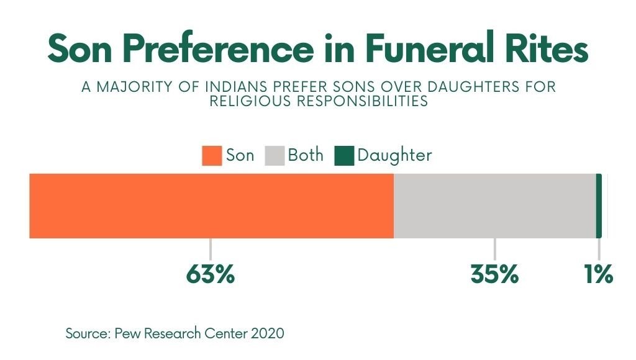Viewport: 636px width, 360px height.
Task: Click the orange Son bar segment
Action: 211,206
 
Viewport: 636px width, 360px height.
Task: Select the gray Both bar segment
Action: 494,206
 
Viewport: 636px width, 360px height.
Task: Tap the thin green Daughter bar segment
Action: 599,206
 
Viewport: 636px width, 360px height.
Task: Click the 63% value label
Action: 211,274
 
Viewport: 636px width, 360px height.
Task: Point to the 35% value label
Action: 494,274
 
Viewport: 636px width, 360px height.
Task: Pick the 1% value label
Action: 599,274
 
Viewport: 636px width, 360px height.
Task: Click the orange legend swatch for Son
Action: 212,156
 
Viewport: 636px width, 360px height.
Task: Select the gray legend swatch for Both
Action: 275,156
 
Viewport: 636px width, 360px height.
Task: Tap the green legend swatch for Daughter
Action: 344,156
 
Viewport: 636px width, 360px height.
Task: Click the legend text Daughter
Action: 394,155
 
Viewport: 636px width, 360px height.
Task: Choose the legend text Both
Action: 306,155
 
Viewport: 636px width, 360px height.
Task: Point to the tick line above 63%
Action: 211,249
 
